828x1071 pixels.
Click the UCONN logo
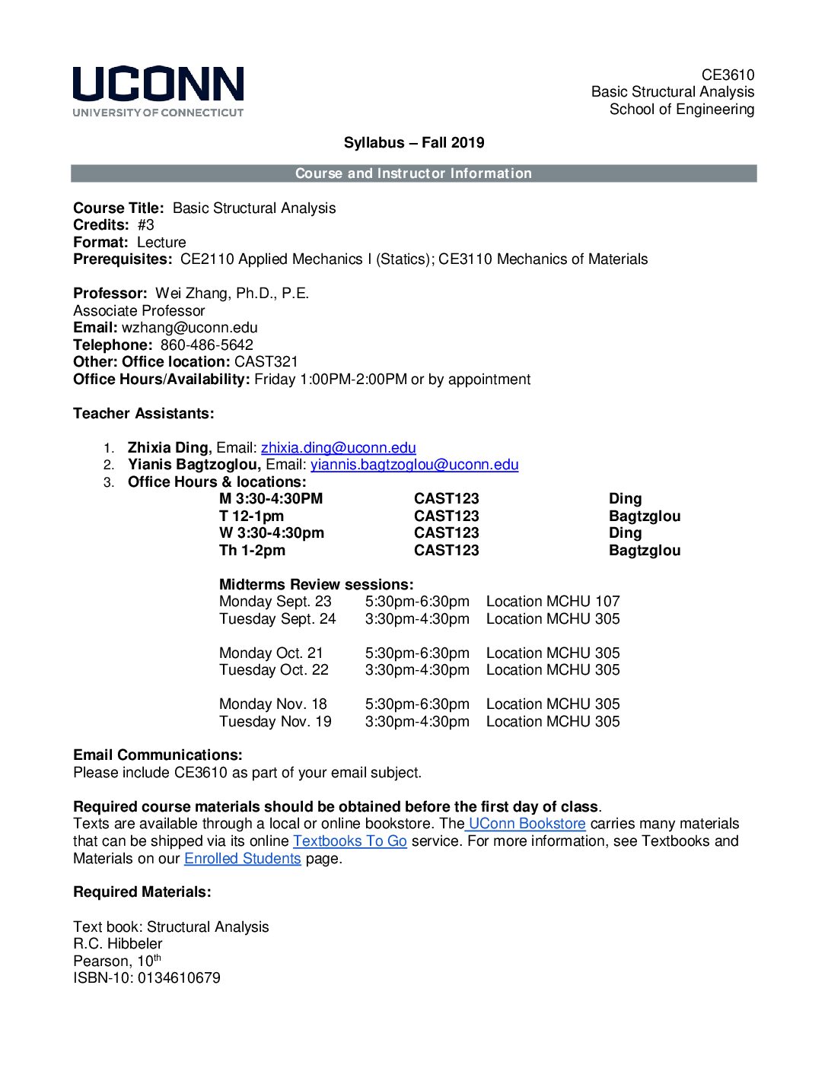point(158,91)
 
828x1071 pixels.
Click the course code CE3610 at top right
point(728,75)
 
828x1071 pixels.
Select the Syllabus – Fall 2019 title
point(413,143)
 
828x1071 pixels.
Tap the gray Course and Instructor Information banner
point(413,173)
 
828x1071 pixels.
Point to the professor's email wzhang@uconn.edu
point(189,328)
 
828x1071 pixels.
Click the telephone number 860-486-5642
point(206,345)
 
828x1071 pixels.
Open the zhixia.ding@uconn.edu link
point(338,448)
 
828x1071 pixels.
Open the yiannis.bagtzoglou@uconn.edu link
point(414,465)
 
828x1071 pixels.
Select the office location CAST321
point(266,362)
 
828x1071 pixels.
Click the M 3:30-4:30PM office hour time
point(271,499)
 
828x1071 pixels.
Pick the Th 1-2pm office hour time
point(252,551)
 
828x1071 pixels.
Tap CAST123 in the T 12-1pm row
point(446,516)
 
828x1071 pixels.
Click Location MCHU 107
point(553,602)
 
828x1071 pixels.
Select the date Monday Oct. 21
point(271,653)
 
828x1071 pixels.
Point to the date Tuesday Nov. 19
point(275,722)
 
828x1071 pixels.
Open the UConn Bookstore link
point(527,824)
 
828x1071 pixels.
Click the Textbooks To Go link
point(349,841)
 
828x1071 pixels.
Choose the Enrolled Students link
point(242,859)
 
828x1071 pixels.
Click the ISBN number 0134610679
point(179,978)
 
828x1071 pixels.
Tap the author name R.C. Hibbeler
point(117,944)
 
